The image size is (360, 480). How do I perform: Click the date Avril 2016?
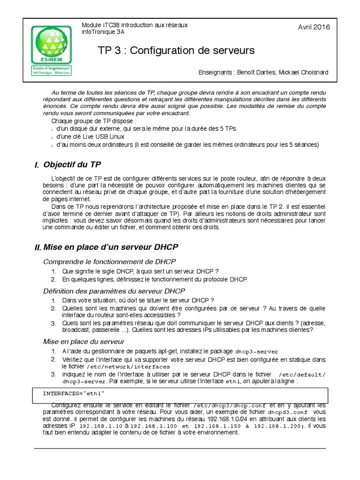pos(314,27)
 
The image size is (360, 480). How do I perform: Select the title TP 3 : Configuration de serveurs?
pos(176,50)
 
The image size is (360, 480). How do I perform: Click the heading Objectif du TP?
pos(72,165)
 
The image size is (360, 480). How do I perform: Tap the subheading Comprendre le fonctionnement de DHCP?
pos(110,261)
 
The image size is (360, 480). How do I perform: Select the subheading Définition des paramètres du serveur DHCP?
pos(114,291)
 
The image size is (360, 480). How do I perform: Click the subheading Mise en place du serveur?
pos(84,342)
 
